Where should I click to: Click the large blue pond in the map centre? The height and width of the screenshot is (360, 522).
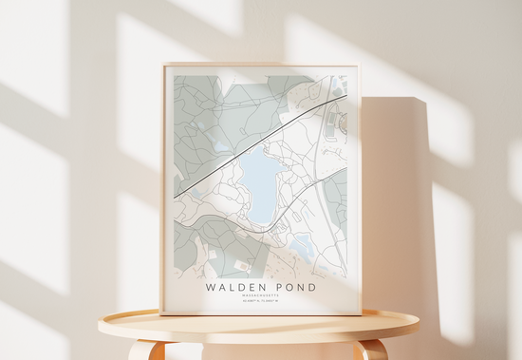point(259,184)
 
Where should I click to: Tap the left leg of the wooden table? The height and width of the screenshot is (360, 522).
point(145,350)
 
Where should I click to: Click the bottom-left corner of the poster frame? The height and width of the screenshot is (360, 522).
point(163,313)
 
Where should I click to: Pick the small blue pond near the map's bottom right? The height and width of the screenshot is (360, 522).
point(302,246)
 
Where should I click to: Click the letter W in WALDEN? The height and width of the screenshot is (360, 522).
point(209,285)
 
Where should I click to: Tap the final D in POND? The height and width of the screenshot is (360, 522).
point(312,285)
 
